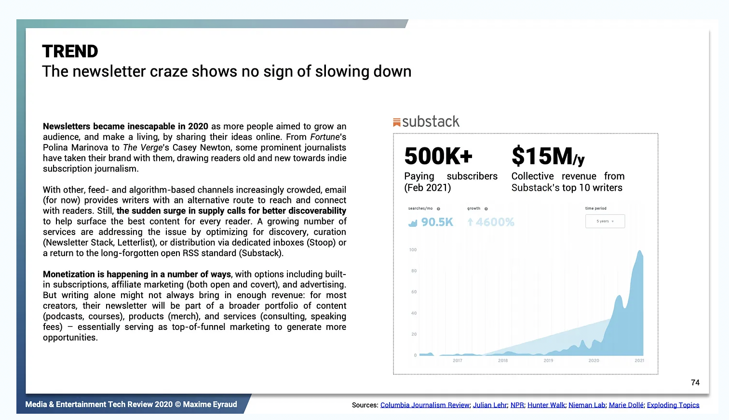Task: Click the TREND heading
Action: click(x=70, y=52)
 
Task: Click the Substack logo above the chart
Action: click(x=426, y=122)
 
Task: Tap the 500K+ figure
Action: click(x=438, y=156)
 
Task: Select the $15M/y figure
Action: click(x=548, y=156)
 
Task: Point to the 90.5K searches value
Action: click(x=437, y=222)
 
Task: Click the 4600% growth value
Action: click(x=495, y=222)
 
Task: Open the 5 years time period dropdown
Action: click(x=605, y=221)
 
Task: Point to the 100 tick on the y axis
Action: click(x=413, y=249)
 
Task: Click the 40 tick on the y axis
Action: click(x=414, y=313)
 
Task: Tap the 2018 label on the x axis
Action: click(x=503, y=360)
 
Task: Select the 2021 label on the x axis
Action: click(x=639, y=360)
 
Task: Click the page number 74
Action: click(x=695, y=382)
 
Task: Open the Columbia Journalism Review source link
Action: click(x=425, y=405)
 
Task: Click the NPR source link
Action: click(x=517, y=405)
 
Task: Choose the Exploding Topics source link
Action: click(x=673, y=405)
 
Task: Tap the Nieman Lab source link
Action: click(x=586, y=405)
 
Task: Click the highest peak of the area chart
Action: click(x=640, y=251)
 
